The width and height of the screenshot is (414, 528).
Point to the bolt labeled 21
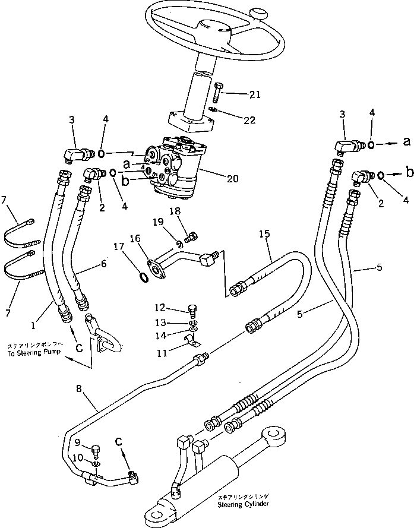coord(217,92)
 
